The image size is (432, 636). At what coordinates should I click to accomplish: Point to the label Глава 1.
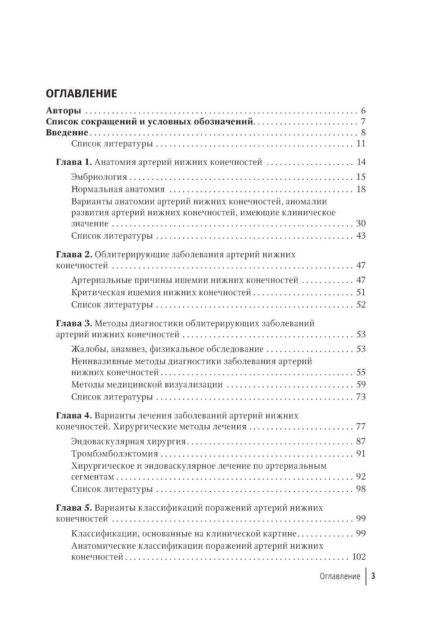pyautogui.click(x=74, y=163)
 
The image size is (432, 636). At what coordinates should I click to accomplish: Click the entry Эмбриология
pyautogui.click(x=99, y=177)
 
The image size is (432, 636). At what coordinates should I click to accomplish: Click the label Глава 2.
pyautogui.click(x=74, y=254)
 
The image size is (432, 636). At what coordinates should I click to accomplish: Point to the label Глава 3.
pyautogui.click(x=74, y=323)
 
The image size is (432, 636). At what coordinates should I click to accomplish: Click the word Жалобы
pyautogui.click(x=85, y=349)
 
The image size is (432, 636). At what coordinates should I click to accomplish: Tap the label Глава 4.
pyautogui.click(x=74, y=415)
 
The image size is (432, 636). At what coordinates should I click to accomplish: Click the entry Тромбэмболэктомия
pyautogui.click(x=114, y=454)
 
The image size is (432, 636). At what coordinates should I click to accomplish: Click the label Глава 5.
pyautogui.click(x=74, y=508)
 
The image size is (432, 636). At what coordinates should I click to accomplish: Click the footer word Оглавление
pyautogui.click(x=340, y=576)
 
